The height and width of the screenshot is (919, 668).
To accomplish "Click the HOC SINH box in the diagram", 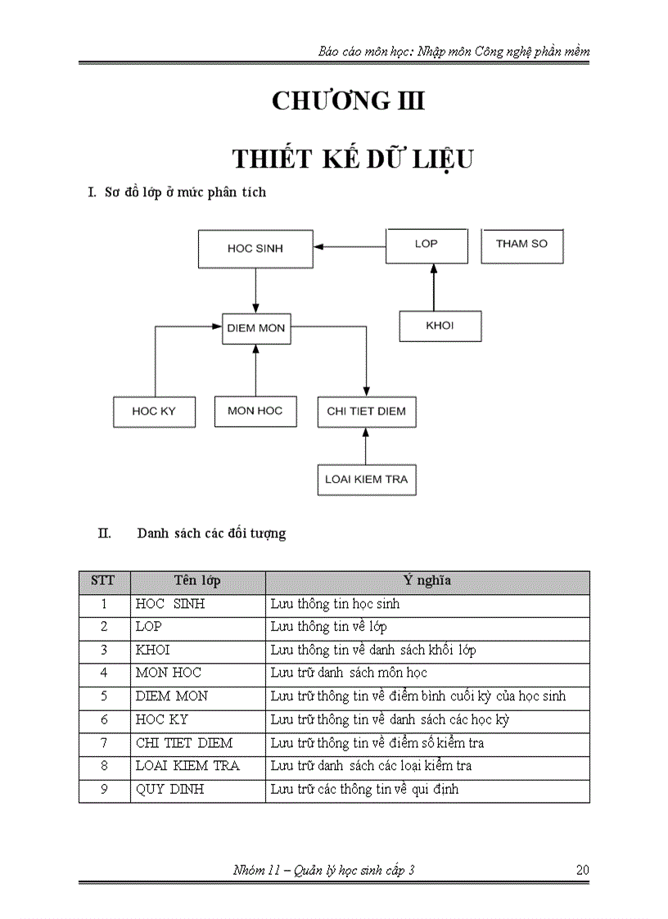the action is pyautogui.click(x=255, y=248).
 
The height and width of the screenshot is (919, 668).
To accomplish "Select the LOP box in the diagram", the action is pyautogui.click(x=427, y=245).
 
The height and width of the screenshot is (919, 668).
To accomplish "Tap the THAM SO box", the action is pyautogui.click(x=521, y=245).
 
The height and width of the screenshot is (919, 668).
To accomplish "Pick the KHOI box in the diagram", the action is pyautogui.click(x=440, y=326).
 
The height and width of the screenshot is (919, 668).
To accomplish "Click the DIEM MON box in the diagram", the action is pyautogui.click(x=256, y=328).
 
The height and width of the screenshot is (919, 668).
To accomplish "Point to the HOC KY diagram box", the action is pyautogui.click(x=154, y=411).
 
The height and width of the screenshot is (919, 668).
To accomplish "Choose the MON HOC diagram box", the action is pyautogui.click(x=255, y=410).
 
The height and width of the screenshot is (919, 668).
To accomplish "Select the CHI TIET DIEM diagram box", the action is pyautogui.click(x=366, y=411).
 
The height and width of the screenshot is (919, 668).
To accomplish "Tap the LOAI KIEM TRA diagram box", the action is pyautogui.click(x=366, y=480).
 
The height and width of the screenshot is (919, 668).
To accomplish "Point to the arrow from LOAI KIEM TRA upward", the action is pyautogui.click(x=366, y=445).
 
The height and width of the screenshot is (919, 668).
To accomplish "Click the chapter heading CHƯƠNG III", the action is pyautogui.click(x=348, y=101).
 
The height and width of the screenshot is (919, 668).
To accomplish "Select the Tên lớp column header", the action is pyautogui.click(x=197, y=581).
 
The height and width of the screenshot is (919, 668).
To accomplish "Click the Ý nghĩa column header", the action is pyautogui.click(x=427, y=581).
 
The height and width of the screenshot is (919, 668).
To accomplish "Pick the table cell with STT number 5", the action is pyautogui.click(x=104, y=696).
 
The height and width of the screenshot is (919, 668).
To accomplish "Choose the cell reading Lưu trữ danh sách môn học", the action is pyautogui.click(x=427, y=673).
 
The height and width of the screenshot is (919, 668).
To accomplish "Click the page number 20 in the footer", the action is pyautogui.click(x=582, y=871).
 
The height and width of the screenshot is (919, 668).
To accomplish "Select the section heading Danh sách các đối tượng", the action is pyautogui.click(x=211, y=534).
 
